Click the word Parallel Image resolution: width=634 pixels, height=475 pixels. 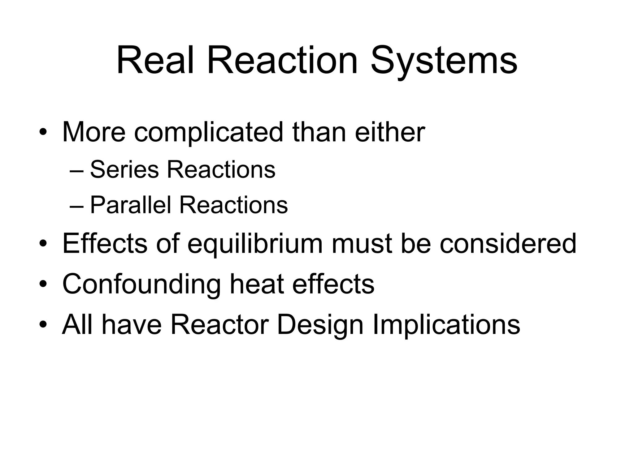pos(130,205)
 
